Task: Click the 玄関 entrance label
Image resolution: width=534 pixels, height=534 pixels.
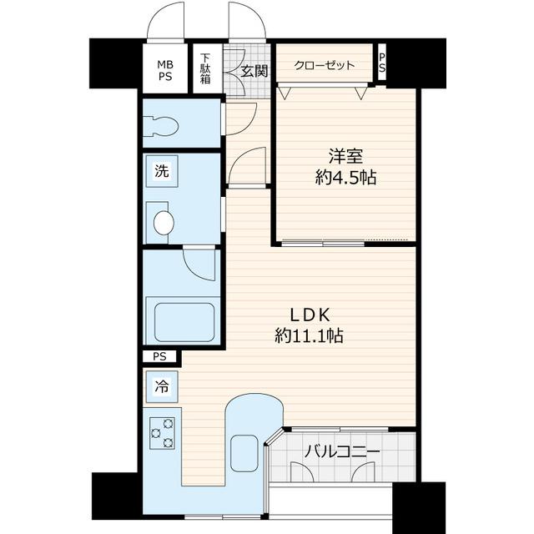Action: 254,72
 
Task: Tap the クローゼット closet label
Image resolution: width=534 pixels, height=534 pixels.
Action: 325,65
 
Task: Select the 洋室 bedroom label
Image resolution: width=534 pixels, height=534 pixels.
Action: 345,156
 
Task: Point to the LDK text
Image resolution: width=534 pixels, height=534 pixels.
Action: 310,315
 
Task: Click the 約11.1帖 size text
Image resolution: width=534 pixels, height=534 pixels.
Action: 309,336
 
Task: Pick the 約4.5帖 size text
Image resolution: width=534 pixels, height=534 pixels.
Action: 345,178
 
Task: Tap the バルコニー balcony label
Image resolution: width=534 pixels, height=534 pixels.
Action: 342,452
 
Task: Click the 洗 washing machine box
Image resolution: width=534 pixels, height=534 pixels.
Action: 162,171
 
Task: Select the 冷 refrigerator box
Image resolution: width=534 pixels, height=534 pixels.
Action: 162,386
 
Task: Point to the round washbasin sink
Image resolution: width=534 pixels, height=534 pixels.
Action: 164,223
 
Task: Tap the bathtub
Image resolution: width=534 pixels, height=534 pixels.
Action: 184,323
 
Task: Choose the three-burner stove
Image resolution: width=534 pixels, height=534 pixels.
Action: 163,433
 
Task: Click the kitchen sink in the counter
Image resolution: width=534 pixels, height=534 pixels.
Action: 244,453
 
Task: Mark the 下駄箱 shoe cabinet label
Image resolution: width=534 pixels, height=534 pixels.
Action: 205,68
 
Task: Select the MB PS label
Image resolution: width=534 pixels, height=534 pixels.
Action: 165,70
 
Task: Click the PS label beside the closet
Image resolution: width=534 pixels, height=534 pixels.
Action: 382,63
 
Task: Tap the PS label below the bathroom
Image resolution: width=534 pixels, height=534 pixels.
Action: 159,356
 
